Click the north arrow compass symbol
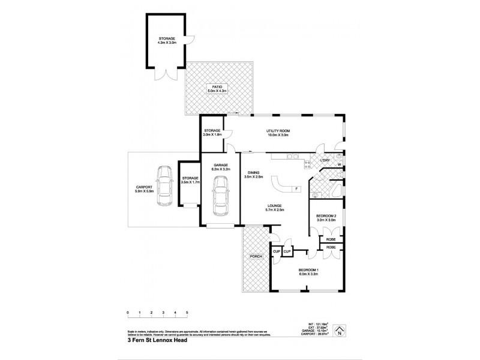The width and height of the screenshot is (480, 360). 340,329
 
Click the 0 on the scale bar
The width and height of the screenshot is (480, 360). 128,312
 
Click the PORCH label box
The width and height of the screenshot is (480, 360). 257,256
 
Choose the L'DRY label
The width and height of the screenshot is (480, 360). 325,160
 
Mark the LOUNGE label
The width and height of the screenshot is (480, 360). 275,206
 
